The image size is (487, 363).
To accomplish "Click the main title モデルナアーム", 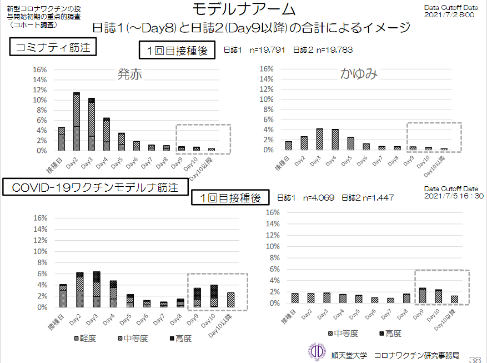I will [x=244, y=9].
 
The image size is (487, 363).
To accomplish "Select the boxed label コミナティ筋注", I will [x=53, y=48].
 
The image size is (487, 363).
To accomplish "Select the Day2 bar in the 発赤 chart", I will [x=77, y=121].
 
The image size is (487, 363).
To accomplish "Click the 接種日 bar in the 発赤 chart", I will [x=62, y=139].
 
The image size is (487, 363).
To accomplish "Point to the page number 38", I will [x=475, y=357].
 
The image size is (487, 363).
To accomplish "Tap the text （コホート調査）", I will [x=32, y=26].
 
